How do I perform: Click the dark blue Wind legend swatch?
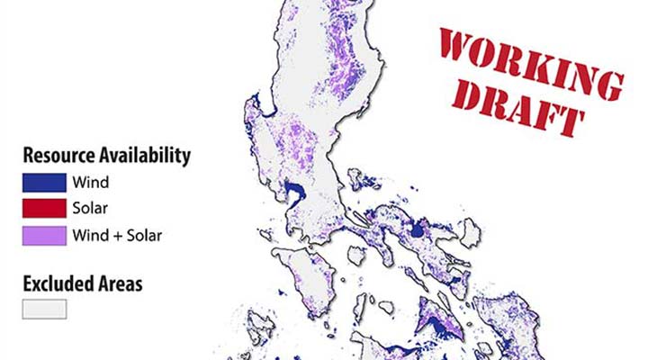[44, 183]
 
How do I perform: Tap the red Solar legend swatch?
[44, 210]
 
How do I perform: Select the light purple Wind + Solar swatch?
[44, 236]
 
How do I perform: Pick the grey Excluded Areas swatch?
[44, 309]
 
